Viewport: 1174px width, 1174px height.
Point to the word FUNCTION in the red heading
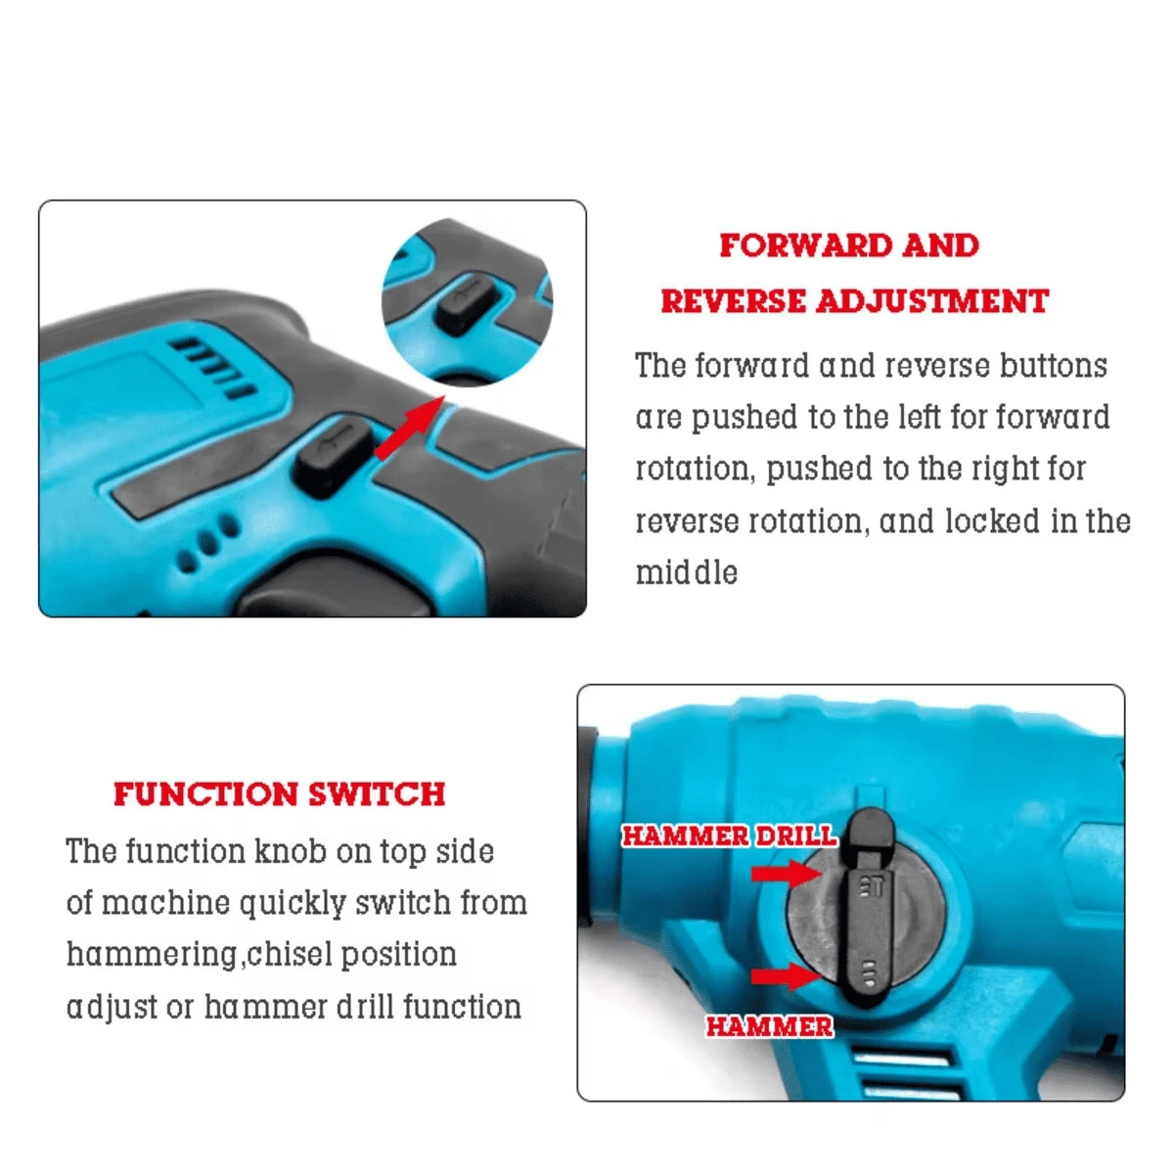(205, 793)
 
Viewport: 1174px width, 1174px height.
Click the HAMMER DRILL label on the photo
(729, 835)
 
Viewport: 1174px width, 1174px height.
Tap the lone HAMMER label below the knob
(769, 1026)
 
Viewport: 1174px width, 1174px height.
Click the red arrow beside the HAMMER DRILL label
(786, 873)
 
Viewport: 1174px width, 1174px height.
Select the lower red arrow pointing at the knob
(786, 976)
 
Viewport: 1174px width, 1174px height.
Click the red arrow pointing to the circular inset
(409, 429)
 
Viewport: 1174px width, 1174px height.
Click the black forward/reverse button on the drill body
(333, 454)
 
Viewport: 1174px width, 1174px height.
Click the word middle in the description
(686, 572)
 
